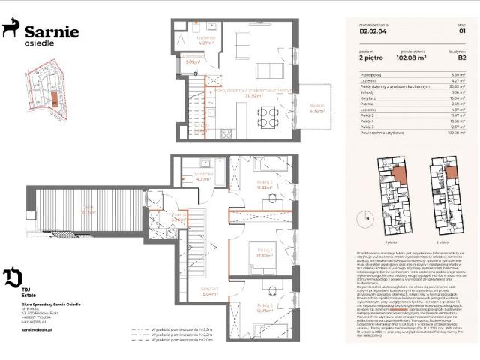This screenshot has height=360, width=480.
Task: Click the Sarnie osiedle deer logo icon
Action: tap(11, 29)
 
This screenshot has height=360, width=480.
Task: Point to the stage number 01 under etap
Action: tap(462, 31)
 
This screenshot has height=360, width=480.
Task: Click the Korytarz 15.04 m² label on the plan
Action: tap(208, 292)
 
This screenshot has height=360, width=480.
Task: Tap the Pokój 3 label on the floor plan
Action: tap(264, 307)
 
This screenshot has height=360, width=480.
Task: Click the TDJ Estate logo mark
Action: tap(13, 278)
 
